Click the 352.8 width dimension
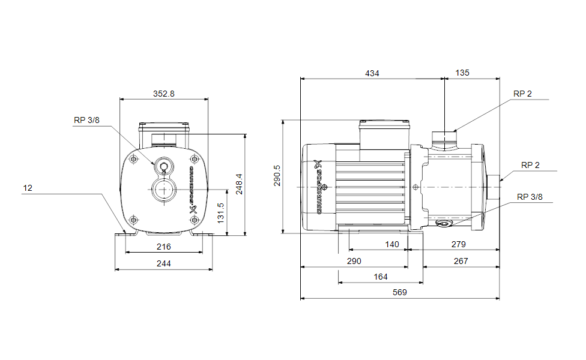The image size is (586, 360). tap(163, 94)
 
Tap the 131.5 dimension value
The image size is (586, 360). tap(220, 213)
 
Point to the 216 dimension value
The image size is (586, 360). tap(163, 247)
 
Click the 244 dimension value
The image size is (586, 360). tap(163, 263)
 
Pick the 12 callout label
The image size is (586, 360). tap(28, 188)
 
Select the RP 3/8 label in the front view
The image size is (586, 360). tap(86, 120)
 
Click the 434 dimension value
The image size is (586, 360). tap(372, 73)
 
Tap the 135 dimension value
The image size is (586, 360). tap(462, 73)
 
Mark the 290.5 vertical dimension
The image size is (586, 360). tap(277, 176)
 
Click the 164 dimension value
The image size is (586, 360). tap(381, 277)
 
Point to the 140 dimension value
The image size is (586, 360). tap(392, 244)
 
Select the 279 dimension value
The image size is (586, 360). tap(458, 244)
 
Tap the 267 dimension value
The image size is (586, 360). tap(461, 261)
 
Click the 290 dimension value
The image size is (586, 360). tap(354, 261)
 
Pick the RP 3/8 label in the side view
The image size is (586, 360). tap(530, 197)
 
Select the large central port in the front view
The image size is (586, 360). tap(163, 191)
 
